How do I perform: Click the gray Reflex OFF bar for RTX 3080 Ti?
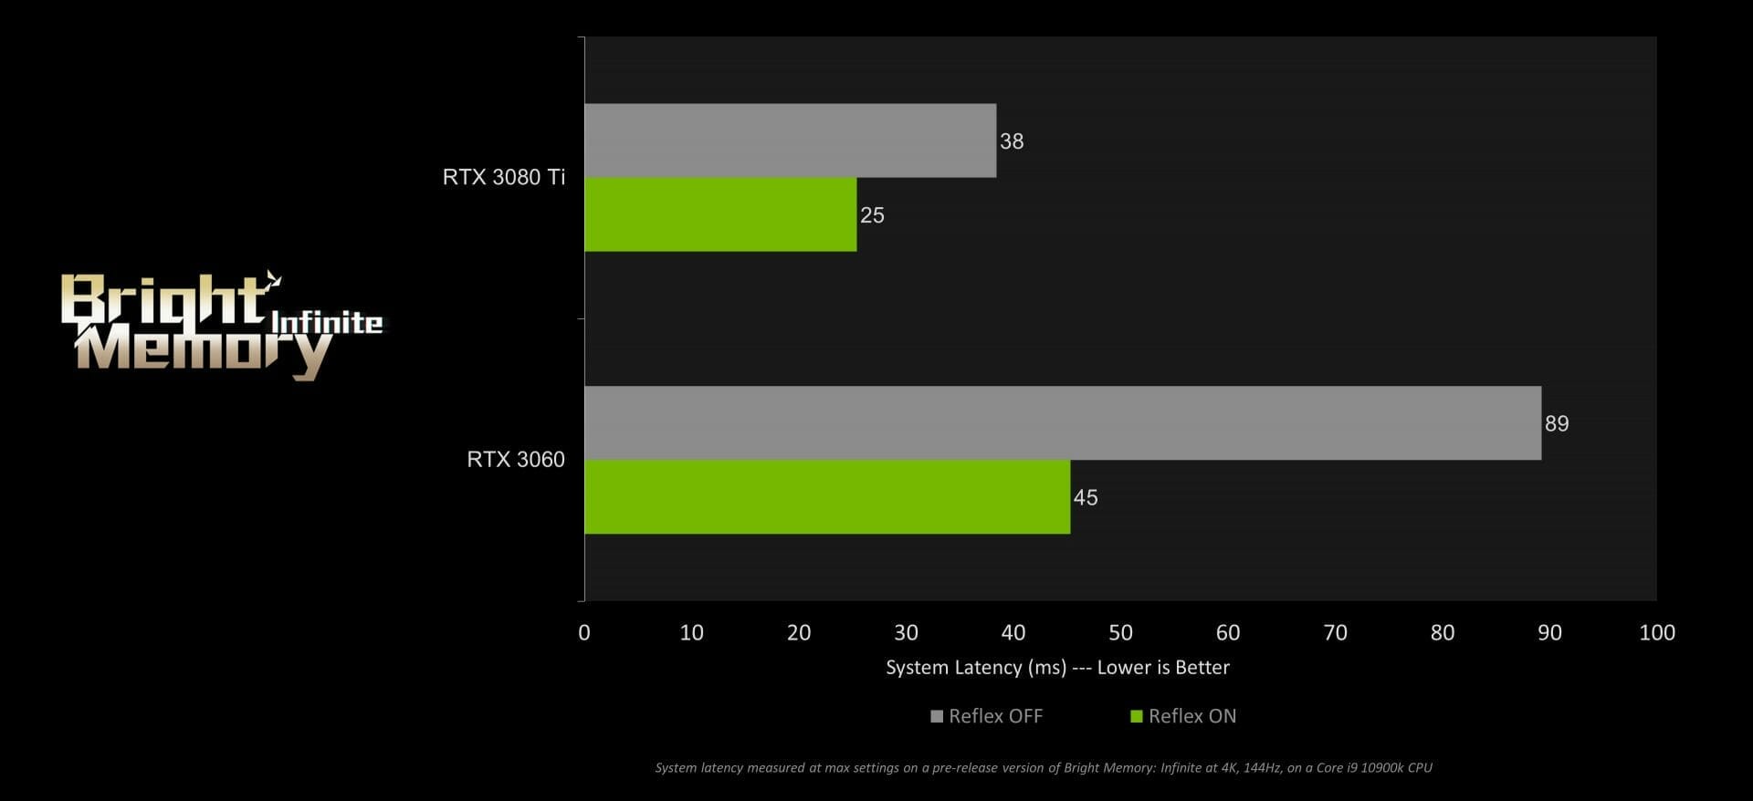[790, 140]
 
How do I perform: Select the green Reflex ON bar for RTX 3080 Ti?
[720, 214]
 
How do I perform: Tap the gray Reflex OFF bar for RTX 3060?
[1062, 423]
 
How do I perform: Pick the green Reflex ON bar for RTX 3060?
[826, 497]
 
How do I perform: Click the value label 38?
[1012, 141]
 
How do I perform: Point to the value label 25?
[872, 215]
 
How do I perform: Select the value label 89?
[1557, 423]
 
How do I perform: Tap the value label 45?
[1086, 497]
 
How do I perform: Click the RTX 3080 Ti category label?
[504, 177]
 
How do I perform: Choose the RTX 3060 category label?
[516, 459]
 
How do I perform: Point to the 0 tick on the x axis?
[584, 632]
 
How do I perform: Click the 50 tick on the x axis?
[1120, 632]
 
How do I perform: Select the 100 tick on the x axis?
[1656, 632]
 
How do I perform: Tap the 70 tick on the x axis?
[1335, 632]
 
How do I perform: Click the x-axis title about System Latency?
[1057, 668]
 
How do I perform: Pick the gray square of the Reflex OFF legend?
[936, 716]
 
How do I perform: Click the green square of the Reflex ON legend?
[1137, 716]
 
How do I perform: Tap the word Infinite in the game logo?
[327, 322]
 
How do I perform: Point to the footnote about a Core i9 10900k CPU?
[1043, 768]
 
